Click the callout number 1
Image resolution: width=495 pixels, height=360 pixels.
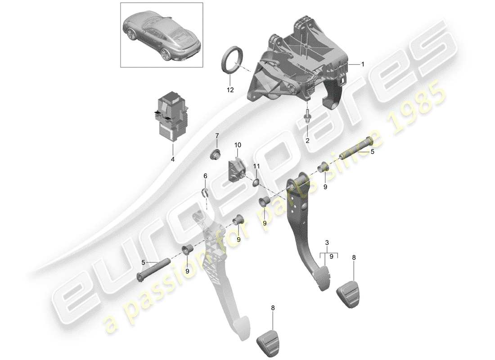(x=363, y=64)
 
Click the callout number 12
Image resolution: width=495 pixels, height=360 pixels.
(x=230, y=90)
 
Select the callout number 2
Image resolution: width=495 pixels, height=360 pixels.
(x=307, y=140)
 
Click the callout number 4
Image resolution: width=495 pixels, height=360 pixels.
(x=172, y=159)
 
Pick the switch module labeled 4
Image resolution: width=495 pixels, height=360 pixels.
(x=172, y=116)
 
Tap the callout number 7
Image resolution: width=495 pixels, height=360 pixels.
(x=217, y=136)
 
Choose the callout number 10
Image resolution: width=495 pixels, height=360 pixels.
(x=238, y=145)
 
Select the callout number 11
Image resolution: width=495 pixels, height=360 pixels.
(x=256, y=166)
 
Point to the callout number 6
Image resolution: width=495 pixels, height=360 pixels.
(x=205, y=175)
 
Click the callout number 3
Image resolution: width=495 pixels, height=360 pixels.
(x=327, y=243)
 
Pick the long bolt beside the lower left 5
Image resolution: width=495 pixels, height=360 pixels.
(x=153, y=270)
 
